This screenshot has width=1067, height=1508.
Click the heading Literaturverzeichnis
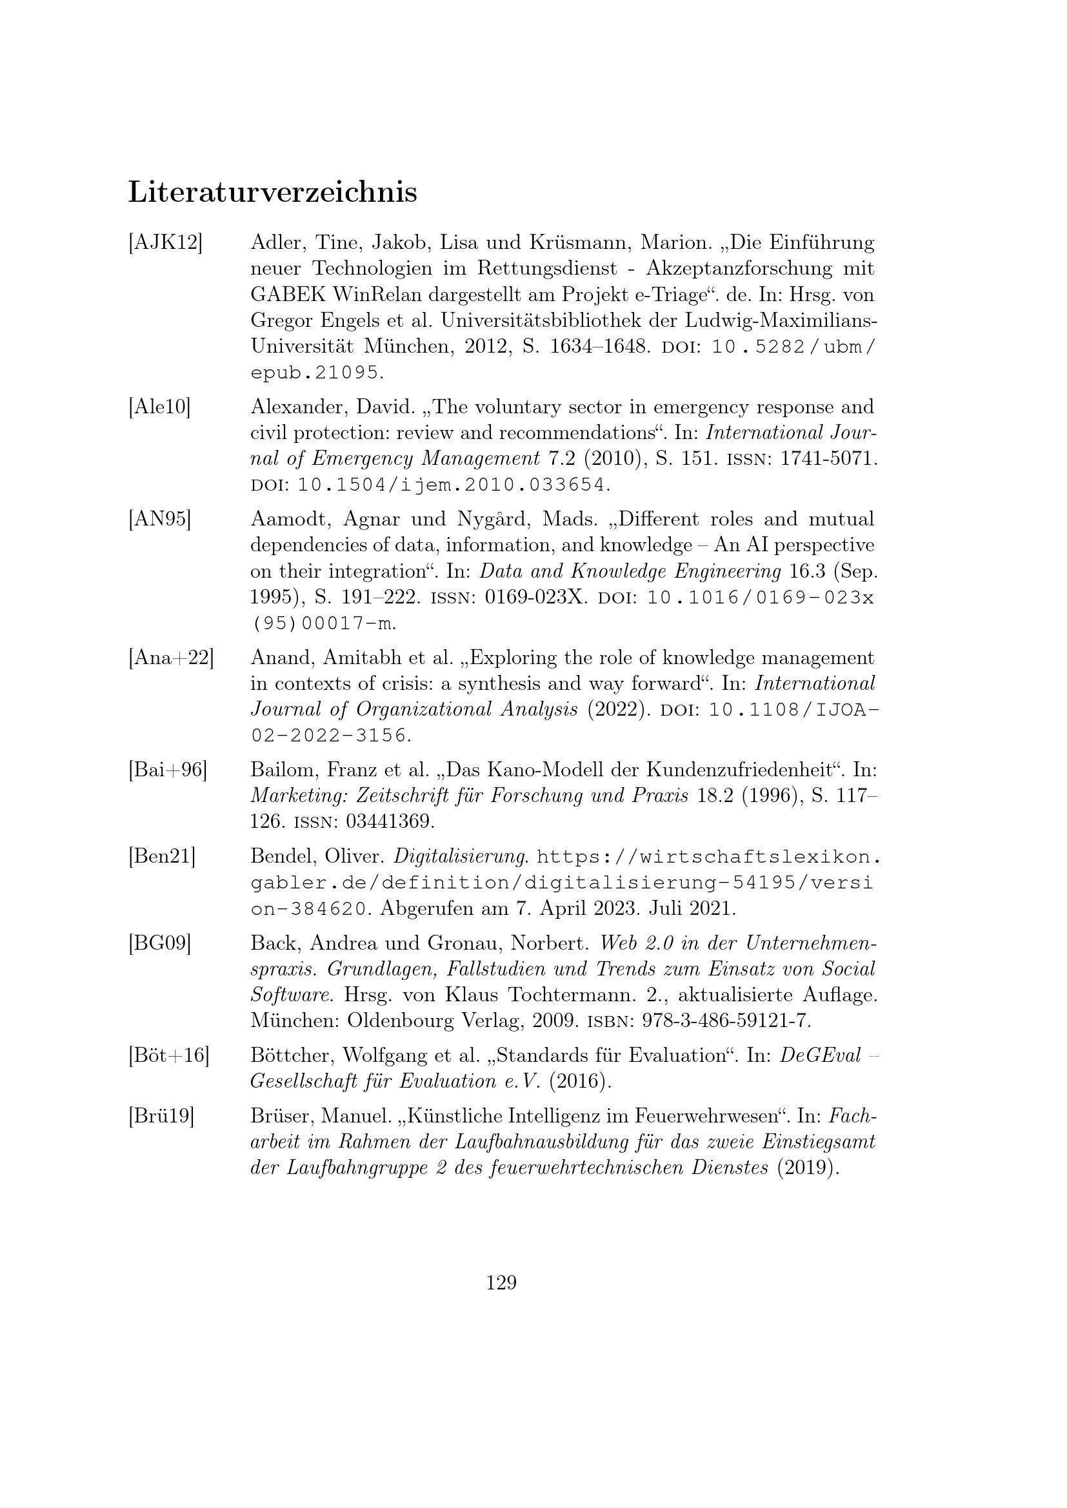[272, 192]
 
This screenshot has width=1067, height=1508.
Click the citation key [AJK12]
[165, 243]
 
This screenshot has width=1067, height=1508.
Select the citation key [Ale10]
[159, 407]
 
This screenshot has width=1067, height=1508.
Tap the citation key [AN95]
[159, 519]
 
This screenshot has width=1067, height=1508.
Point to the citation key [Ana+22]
[171, 658]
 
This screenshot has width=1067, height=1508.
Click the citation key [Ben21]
[162, 856]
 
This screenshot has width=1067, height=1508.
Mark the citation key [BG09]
[159, 943]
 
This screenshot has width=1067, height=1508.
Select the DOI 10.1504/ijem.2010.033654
[451, 485]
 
